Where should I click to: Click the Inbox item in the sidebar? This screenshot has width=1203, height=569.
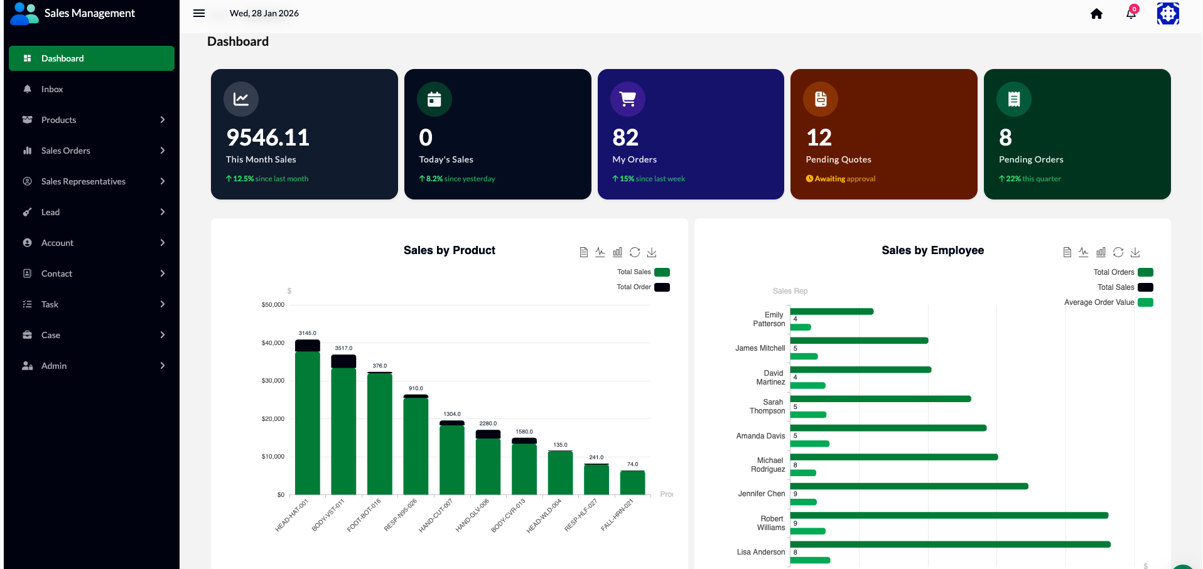(x=52, y=89)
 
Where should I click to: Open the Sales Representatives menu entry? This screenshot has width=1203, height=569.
(x=84, y=181)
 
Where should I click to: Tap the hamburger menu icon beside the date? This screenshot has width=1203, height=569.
(x=199, y=13)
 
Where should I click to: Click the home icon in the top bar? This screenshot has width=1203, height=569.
(x=1096, y=14)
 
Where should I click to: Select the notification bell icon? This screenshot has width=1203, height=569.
(x=1131, y=14)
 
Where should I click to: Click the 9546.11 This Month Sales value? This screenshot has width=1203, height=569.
(x=267, y=137)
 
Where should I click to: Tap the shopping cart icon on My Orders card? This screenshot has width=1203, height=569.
(x=628, y=99)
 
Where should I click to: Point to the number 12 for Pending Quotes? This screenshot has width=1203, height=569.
(x=819, y=137)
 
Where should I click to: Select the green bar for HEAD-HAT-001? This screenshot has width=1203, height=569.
(x=308, y=423)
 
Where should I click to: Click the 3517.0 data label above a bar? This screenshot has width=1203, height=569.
(x=343, y=348)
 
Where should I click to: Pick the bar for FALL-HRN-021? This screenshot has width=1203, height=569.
(x=632, y=482)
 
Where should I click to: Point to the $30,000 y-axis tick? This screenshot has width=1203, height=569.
(x=273, y=381)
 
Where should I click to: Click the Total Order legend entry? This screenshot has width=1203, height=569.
(x=643, y=287)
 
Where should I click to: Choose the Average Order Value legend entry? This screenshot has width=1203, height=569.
(x=1108, y=302)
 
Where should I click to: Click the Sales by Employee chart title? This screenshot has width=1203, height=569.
(x=932, y=250)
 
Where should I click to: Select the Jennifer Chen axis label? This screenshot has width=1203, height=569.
(x=762, y=494)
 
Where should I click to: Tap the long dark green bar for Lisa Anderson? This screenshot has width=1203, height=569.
(x=951, y=545)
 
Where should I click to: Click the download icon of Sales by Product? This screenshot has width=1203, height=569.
(x=652, y=252)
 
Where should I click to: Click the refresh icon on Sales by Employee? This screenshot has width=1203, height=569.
(x=1118, y=252)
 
